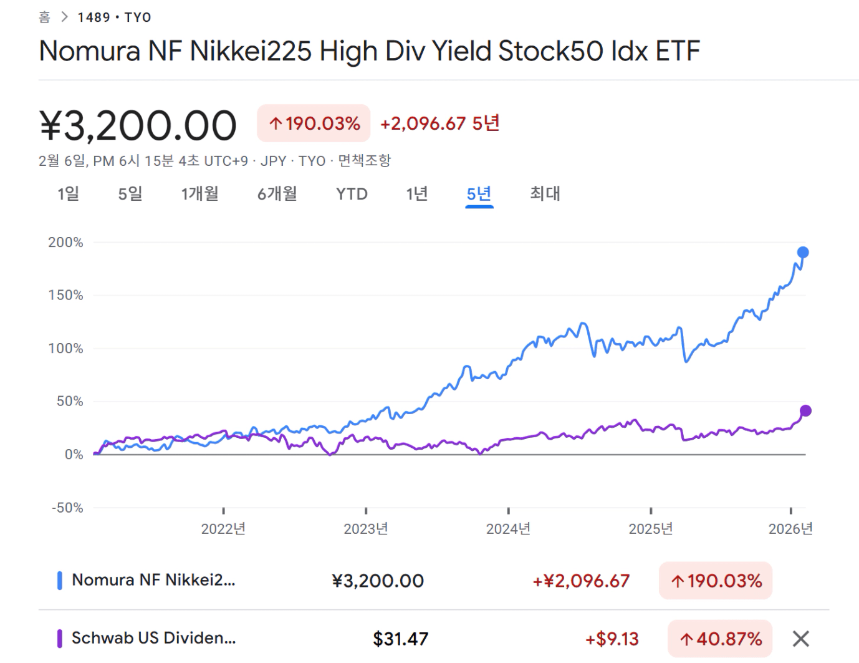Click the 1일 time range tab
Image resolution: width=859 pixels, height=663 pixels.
point(68,194)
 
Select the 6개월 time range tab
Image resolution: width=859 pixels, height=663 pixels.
point(277,194)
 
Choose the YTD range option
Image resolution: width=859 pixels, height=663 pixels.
point(352,194)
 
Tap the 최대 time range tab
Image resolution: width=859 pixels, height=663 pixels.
point(545,194)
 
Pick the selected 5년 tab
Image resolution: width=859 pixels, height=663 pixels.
point(479,194)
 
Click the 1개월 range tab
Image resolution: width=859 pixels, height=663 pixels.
point(199,194)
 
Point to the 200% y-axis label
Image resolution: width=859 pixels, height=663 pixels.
point(65,243)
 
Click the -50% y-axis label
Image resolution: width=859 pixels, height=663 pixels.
point(67,508)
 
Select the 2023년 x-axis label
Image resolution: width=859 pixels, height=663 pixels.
point(366,529)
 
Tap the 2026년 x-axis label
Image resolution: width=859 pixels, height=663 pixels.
point(790,529)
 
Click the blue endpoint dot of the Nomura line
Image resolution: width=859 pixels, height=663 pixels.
point(803,253)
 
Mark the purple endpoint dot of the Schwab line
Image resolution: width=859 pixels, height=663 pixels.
point(805,410)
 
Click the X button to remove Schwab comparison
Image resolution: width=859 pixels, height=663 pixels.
point(801,639)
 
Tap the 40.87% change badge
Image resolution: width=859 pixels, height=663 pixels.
point(720,639)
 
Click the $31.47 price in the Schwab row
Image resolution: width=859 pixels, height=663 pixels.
point(400,639)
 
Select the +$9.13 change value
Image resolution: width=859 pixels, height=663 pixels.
point(612,639)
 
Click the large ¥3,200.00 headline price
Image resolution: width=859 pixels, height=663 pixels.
point(138,125)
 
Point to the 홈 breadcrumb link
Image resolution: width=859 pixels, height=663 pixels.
point(44,17)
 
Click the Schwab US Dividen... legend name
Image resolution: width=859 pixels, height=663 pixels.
point(153,638)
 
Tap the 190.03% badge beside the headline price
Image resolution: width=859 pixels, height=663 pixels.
point(314,123)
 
